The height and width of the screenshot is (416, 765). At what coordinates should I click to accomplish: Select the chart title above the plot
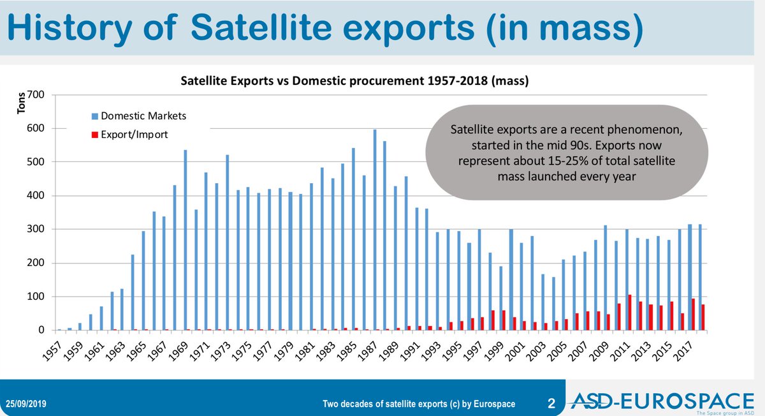pos(354,81)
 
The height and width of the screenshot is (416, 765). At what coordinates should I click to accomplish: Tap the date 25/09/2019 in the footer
pos(27,404)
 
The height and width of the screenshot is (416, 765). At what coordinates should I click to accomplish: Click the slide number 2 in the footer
pos(551,403)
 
